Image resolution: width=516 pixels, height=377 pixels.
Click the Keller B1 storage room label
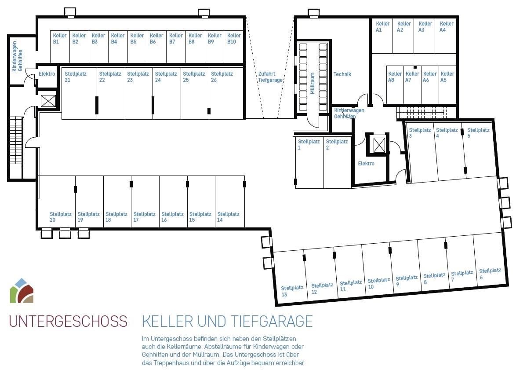click(x=60, y=39)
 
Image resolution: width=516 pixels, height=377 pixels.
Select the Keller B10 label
click(x=234, y=39)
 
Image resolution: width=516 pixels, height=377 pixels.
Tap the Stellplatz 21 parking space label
click(x=75, y=77)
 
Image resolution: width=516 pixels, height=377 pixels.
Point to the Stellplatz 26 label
click(x=222, y=77)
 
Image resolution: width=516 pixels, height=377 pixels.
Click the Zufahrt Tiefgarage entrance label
click(x=270, y=77)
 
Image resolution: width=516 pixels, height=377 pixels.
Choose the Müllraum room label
click(x=313, y=84)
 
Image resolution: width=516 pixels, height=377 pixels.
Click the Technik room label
click(x=342, y=74)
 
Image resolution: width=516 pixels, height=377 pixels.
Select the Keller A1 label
click(x=382, y=27)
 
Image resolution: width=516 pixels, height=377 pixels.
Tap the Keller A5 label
click(x=447, y=77)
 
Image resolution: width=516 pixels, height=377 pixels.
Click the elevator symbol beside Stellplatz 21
click(x=48, y=101)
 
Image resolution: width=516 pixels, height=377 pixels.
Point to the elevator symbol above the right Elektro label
click(x=379, y=145)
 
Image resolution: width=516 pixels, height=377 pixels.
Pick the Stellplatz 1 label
click(x=309, y=145)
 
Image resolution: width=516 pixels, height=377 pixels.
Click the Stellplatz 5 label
click(x=478, y=133)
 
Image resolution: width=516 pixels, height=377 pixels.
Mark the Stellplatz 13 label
click(x=292, y=291)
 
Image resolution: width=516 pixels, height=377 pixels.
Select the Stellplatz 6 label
click(x=490, y=274)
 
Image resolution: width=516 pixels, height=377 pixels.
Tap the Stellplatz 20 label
click(x=61, y=217)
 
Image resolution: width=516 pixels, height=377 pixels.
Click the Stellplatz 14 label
click(x=228, y=217)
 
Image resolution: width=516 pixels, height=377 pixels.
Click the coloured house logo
click(x=22, y=291)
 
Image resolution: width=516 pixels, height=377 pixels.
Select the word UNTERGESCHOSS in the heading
click(x=68, y=322)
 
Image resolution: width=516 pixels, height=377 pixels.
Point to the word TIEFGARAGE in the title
click(x=272, y=322)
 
